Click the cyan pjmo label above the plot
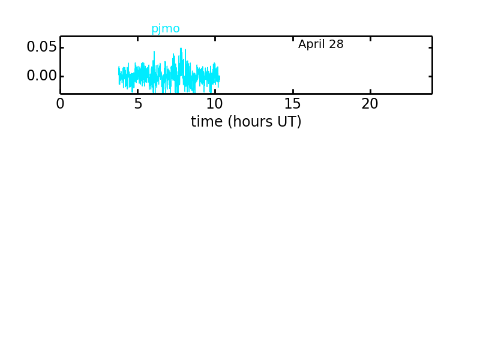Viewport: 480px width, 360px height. coord(166,29)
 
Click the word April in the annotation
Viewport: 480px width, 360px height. coord(311,44)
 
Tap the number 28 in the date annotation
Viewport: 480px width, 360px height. coord(336,44)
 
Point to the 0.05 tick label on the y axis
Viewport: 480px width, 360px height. coord(41,47)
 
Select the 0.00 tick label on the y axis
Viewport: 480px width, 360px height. coord(41,76)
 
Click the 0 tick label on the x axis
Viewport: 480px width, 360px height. coord(61,104)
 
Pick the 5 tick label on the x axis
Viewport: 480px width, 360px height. coord(138,104)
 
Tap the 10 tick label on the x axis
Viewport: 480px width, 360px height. coord(215,104)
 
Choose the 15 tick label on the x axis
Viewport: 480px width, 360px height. coord(292,104)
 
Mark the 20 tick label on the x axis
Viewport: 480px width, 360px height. coord(370,104)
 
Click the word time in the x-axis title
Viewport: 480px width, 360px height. coord(206,122)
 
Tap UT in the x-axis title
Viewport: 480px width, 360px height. coord(288,122)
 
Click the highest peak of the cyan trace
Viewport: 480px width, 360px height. coord(181,49)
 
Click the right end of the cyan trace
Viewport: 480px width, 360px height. coord(220,78)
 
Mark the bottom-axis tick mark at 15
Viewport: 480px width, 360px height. coord(293,91)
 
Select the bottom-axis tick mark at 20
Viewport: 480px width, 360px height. coord(370,91)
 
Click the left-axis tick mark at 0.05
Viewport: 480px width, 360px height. coord(62,48)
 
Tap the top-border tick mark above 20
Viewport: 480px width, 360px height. coord(370,39)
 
